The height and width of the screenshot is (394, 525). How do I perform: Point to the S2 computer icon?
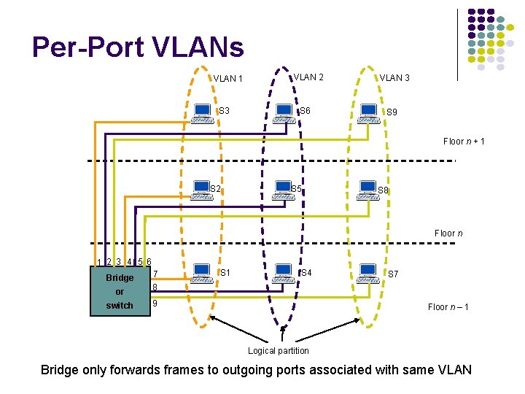(x=200, y=191)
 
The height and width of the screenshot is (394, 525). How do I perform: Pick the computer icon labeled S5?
(x=281, y=191)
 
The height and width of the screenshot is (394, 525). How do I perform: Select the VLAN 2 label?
(x=308, y=77)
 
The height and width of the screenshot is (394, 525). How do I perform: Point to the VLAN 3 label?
(x=394, y=77)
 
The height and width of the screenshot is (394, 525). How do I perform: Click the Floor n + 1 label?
(x=464, y=142)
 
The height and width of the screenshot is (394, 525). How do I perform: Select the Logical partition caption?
(x=278, y=351)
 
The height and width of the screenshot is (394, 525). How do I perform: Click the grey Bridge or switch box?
(x=119, y=291)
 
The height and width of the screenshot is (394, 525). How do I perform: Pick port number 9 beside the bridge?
(x=155, y=302)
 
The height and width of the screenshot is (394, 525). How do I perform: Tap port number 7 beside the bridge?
(x=155, y=274)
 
